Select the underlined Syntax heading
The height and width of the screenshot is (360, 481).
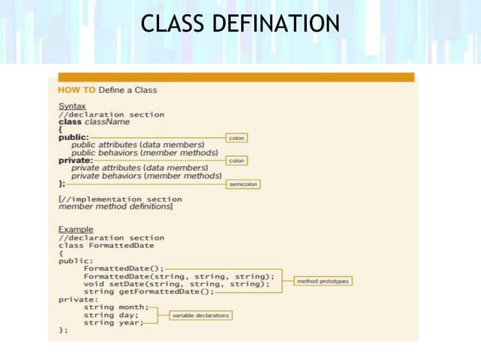point(72,106)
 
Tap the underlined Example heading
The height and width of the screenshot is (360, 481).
point(75,229)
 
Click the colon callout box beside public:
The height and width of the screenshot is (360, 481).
point(236,138)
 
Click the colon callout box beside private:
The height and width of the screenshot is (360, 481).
point(236,160)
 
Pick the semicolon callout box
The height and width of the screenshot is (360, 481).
point(243,184)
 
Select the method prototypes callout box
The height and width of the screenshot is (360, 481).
point(323,281)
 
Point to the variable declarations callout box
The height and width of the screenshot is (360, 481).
point(200,315)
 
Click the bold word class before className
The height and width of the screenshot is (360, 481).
point(70,122)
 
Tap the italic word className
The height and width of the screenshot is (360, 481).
point(107,122)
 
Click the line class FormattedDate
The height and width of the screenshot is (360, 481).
point(106,246)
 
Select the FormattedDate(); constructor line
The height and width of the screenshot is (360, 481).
point(123,268)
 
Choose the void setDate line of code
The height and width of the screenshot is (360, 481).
point(176,284)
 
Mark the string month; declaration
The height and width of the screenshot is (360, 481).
point(115,307)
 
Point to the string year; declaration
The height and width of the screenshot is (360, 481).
point(113,322)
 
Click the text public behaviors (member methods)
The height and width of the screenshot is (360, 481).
point(150,152)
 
